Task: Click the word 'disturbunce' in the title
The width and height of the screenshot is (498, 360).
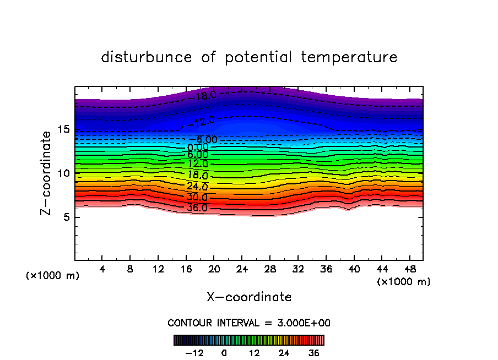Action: point(147,57)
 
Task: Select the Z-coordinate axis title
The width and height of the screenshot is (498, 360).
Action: point(47,173)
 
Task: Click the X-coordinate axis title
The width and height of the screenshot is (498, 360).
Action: point(249,297)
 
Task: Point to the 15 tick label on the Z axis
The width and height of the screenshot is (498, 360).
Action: point(62,129)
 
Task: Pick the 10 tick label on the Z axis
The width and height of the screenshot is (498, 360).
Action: point(62,173)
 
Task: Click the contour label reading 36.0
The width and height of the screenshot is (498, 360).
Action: point(197,208)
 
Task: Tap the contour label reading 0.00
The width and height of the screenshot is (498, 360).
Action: point(198,148)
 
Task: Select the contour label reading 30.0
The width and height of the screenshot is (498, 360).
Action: point(197,197)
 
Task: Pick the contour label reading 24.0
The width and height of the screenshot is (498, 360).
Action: point(197,187)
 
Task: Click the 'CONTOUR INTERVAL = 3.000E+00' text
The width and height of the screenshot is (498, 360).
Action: point(249,323)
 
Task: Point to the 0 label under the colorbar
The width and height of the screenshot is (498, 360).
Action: point(224,353)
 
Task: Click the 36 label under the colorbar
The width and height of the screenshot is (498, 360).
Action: point(314,353)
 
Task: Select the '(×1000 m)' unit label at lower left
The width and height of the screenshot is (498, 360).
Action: point(52,276)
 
